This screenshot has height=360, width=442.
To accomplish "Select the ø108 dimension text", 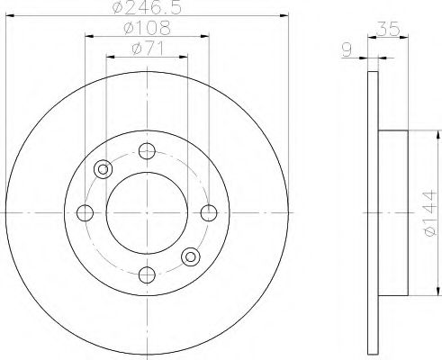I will click(147, 29).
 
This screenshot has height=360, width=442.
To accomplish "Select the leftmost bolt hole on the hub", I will click(86, 212).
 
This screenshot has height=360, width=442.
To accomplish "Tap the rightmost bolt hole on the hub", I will click(209, 212).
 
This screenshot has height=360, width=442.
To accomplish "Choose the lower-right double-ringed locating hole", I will click(191, 256).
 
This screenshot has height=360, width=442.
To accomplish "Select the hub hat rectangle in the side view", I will click(394, 212).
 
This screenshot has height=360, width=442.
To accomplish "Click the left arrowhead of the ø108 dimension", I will click(90, 36).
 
